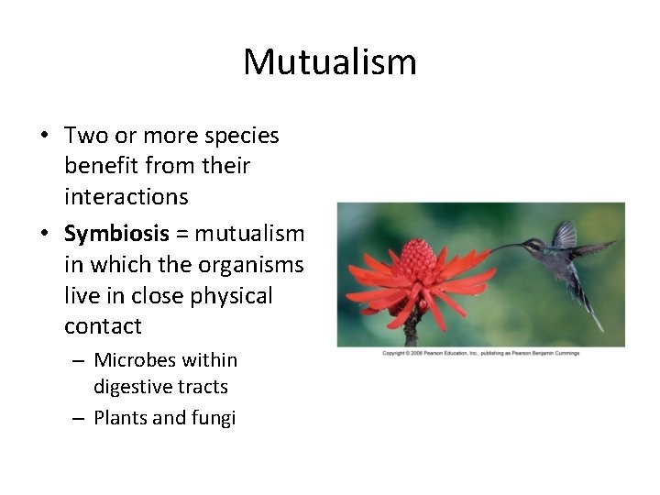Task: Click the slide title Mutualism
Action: (330, 61)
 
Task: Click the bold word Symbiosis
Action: (116, 233)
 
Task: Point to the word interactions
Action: (126, 196)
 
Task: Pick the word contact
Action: (103, 326)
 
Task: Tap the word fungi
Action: (214, 418)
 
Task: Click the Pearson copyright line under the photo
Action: (480, 353)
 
